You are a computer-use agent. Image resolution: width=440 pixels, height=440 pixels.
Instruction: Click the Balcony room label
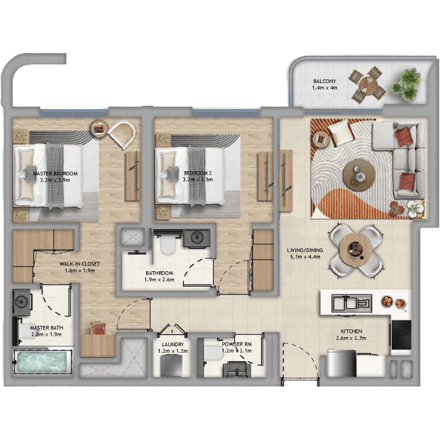(324, 84)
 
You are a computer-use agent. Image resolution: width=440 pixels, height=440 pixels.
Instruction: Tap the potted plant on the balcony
(406, 84)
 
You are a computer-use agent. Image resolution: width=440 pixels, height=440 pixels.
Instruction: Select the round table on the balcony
(367, 84)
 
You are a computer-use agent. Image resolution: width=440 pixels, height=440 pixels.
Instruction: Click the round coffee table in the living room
(359, 175)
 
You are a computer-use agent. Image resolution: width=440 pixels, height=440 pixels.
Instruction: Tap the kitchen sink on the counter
(351, 303)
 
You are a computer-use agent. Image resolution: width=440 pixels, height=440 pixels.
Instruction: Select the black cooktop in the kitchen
(401, 335)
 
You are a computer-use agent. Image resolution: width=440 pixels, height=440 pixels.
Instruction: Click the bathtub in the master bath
(42, 362)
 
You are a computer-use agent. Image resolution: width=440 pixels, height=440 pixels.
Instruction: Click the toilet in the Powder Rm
(214, 353)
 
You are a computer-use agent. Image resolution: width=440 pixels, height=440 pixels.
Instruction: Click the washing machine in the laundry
(172, 365)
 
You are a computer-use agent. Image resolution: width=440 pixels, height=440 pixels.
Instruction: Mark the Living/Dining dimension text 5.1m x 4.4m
(305, 257)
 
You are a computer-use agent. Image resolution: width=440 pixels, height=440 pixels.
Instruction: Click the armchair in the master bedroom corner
(123, 133)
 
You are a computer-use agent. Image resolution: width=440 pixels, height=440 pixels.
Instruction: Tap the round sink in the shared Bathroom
(197, 238)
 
